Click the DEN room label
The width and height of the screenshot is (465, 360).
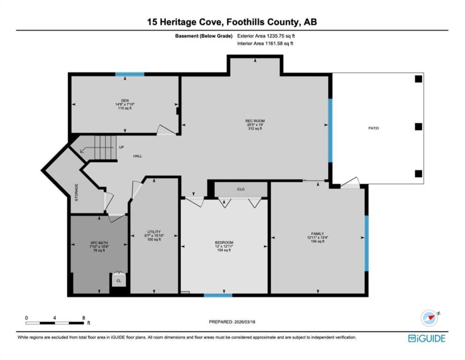(x=125, y=100)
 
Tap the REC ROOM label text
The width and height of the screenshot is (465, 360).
(x=255, y=121)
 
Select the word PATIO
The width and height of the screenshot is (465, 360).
(x=373, y=128)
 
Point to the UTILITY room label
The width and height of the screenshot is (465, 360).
(x=154, y=232)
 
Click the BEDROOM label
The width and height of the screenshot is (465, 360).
(x=224, y=242)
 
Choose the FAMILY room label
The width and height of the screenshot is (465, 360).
(x=317, y=234)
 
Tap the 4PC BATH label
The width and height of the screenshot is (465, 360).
(x=99, y=243)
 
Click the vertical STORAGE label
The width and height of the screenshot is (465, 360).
(x=76, y=192)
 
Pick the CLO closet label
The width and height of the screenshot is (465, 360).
(x=241, y=189)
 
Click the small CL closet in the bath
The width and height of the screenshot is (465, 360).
(x=119, y=281)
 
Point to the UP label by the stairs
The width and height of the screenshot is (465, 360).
(x=121, y=147)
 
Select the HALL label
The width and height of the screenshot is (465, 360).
(x=138, y=156)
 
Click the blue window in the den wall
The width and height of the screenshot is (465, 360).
(x=130, y=74)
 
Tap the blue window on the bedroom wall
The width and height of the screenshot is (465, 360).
(x=218, y=295)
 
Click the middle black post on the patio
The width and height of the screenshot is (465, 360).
(x=419, y=127)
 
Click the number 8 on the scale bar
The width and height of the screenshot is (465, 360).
(x=84, y=318)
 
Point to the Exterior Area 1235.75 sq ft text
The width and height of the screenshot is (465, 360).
(x=266, y=36)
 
